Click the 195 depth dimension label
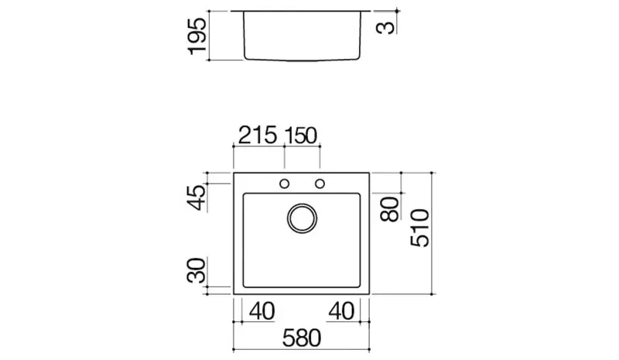(x=197, y=36)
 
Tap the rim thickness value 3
(x=385, y=28)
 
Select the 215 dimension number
(x=258, y=135)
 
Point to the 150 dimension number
(x=301, y=135)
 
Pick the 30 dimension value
(x=197, y=270)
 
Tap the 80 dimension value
(x=390, y=209)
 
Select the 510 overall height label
(x=419, y=228)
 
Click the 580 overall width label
(x=302, y=338)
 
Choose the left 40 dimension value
(x=262, y=311)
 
